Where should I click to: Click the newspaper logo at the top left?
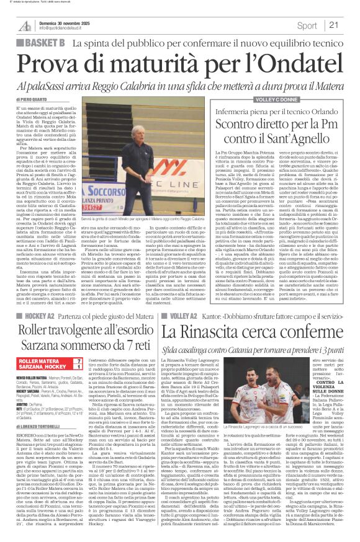point(25,25)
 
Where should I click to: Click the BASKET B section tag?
point(43,42)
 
